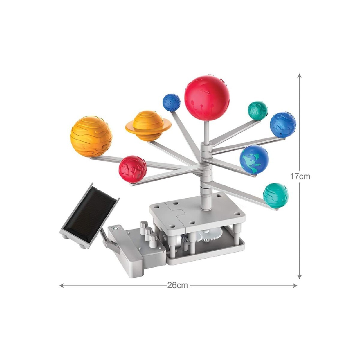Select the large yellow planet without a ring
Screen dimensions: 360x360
pyautogui.click(x=91, y=136)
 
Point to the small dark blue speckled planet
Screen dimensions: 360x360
pyautogui.click(x=172, y=103)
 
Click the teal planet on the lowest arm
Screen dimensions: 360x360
pyautogui.click(x=275, y=195)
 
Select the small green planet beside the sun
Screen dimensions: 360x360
pyautogui.click(x=257, y=111)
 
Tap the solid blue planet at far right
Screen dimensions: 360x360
pyautogui.click(x=283, y=125)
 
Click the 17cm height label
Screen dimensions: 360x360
pyautogui.click(x=300, y=176)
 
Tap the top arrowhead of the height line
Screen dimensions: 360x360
pyautogui.click(x=299, y=75)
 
